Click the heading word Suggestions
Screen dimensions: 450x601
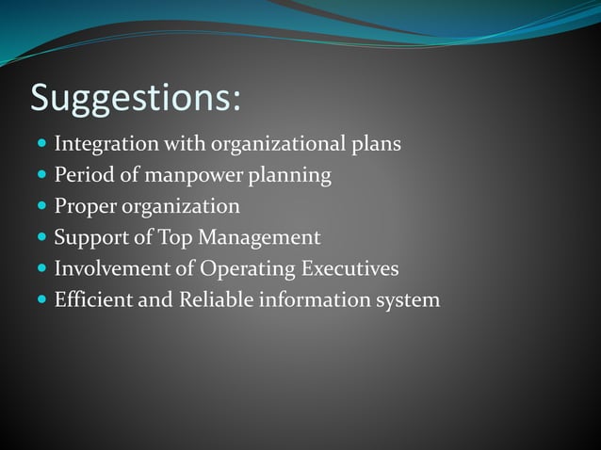[135, 99]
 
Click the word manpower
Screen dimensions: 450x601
[181, 176]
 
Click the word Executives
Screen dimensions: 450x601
[349, 268]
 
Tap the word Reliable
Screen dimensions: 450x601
[206, 299]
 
